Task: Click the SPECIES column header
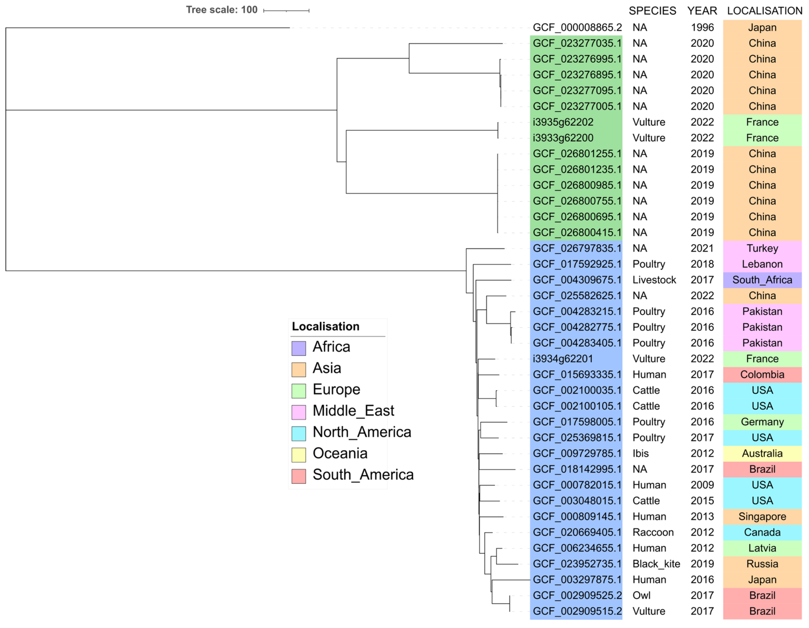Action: pos(652,11)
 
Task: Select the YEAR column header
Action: pos(702,11)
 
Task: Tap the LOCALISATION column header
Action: pos(765,11)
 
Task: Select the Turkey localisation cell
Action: pos(762,248)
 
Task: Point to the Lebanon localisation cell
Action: pos(762,264)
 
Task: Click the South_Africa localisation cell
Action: pos(762,280)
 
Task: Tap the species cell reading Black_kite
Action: pos(656,564)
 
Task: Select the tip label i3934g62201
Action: pos(563,359)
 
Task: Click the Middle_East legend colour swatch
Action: pos(299,412)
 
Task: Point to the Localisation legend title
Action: pos(326,326)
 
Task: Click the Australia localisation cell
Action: pos(762,453)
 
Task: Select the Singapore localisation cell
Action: pos(762,516)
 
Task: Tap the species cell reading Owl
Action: pos(641,595)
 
